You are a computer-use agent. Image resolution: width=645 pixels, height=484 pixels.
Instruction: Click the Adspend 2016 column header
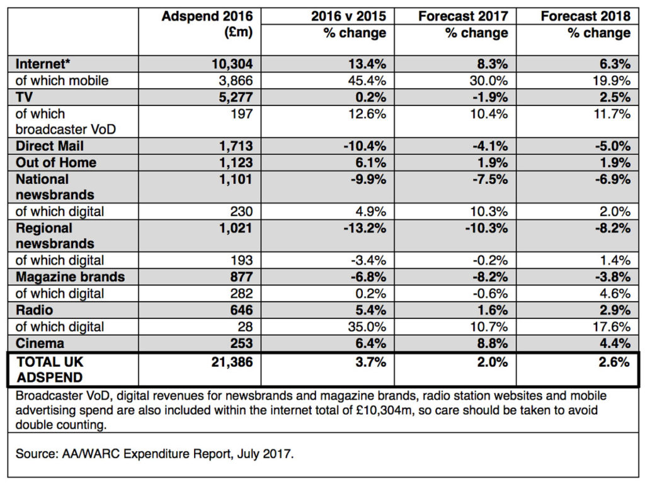[x=207, y=25]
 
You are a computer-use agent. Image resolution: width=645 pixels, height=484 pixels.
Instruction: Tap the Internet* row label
[x=43, y=64]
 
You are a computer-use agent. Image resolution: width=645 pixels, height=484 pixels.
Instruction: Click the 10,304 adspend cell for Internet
[x=232, y=64]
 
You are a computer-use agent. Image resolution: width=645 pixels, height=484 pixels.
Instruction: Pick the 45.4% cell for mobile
[x=367, y=80]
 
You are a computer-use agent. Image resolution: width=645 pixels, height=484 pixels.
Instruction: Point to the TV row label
[x=24, y=97]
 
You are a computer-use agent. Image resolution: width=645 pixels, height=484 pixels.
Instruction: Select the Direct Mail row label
[x=49, y=146]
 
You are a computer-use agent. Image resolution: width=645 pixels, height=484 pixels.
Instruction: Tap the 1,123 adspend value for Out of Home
[x=236, y=163]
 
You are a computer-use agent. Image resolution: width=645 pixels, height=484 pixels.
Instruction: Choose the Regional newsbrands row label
[x=55, y=236]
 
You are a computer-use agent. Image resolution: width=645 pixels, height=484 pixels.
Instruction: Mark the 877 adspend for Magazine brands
[x=241, y=277]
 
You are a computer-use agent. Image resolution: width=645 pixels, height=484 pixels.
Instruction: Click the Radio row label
[x=34, y=310]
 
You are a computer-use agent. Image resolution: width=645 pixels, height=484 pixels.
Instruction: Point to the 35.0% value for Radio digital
[x=367, y=327]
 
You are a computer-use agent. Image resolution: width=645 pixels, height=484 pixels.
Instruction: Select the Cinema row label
[x=40, y=343]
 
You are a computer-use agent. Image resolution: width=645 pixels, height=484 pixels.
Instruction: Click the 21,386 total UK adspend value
[x=232, y=362]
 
